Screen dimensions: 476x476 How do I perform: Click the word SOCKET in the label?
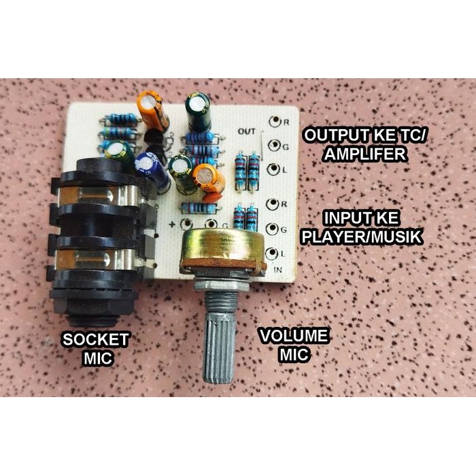(95, 339)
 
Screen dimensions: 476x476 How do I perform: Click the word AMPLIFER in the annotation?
(365, 154)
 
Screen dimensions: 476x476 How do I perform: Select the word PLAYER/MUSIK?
(361, 238)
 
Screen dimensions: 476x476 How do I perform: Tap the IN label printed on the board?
(277, 269)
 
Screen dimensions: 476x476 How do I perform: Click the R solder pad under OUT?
(274, 122)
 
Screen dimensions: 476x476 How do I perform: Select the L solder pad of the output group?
(273, 169)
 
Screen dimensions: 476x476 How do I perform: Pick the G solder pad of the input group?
(273, 228)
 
